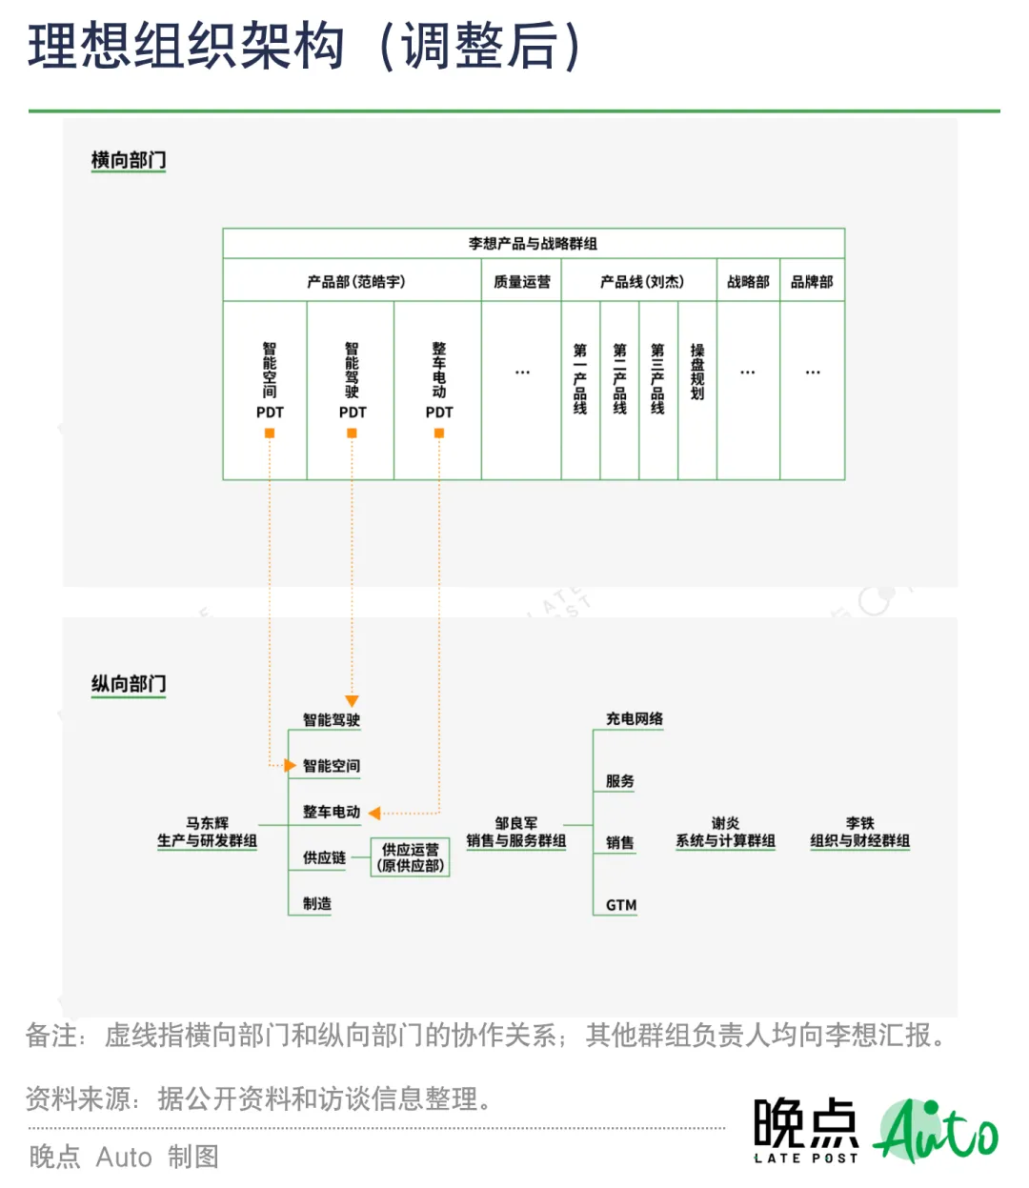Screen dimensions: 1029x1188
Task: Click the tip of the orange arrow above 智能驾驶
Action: (x=352, y=707)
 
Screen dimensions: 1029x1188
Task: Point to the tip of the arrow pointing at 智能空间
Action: (x=296, y=766)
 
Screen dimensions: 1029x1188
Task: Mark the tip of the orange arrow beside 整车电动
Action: (x=368, y=814)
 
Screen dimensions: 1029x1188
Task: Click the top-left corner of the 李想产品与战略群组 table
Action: (x=223, y=229)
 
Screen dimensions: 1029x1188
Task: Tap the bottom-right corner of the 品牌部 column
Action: (x=845, y=480)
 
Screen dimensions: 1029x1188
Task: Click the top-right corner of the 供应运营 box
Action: (x=450, y=838)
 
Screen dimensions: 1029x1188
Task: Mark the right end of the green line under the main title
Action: (x=1000, y=111)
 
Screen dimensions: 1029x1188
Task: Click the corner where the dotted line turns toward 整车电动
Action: (x=440, y=814)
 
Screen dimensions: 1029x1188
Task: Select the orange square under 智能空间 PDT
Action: (x=269, y=433)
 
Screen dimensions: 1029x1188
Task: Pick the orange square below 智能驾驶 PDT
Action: (x=352, y=433)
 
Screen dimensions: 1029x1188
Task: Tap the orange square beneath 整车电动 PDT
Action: (x=439, y=433)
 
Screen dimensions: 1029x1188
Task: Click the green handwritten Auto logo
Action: (x=936, y=1131)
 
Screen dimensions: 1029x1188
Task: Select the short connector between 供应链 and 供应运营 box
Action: (x=360, y=857)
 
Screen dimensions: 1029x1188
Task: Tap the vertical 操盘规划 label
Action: (x=697, y=372)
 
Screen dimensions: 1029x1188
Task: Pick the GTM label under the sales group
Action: (x=621, y=905)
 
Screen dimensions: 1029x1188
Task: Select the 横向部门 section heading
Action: (x=129, y=160)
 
